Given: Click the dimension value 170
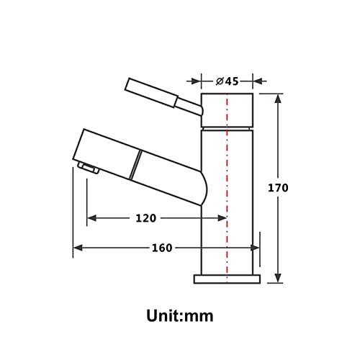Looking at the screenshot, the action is point(278,188).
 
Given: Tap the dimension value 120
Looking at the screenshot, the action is point(146,218).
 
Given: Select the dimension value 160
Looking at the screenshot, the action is point(162,248).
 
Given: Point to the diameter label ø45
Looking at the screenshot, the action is point(227,81).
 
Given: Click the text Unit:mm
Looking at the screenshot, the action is point(180,316).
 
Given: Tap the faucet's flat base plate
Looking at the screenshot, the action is point(227,279).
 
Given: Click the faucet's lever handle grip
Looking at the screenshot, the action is point(151,93).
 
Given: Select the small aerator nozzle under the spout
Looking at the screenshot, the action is point(89,168).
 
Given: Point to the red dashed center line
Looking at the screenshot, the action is point(227,188).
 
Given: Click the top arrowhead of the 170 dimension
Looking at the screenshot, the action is point(278,99).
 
